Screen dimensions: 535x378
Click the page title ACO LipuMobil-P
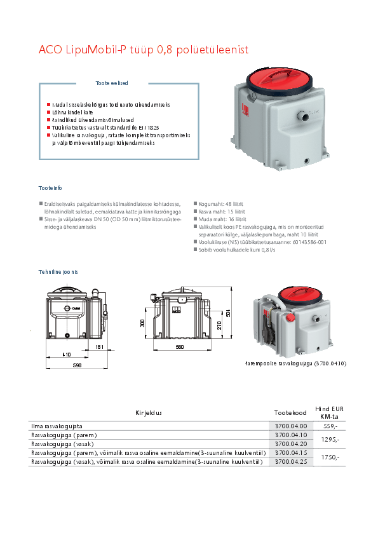point(142,50)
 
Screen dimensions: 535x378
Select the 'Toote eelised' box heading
point(111,83)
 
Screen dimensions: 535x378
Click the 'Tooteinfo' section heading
point(50,188)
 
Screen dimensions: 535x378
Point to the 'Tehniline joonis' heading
point(58,272)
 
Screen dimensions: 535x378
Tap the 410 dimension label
point(66,353)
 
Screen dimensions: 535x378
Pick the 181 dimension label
point(99,348)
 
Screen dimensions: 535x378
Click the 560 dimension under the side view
point(179,348)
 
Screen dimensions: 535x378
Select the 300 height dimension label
point(143,323)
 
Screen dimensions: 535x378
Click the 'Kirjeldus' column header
point(149,413)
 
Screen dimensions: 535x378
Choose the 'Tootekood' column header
point(290,413)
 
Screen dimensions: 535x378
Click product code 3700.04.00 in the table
point(290,426)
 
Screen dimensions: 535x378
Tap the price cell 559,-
point(330,426)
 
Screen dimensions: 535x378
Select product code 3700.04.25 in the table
point(290,462)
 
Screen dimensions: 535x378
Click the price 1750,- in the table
point(330,457)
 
